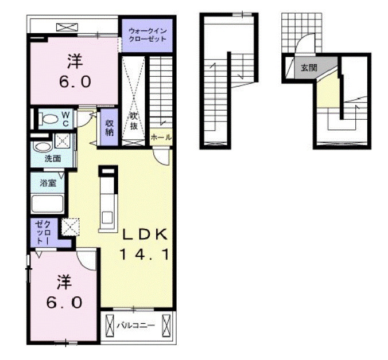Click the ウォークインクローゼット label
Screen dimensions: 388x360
point(148,35)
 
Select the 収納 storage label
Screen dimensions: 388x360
point(109,128)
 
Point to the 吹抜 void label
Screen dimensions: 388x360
point(134,122)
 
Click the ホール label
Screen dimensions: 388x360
point(161,138)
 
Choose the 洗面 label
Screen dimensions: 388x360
point(53,159)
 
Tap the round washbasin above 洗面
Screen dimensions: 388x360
point(43,147)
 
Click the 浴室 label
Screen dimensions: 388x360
point(48,183)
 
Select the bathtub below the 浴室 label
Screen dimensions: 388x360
point(47,204)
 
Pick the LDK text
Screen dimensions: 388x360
point(145,234)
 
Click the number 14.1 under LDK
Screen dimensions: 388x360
point(145,254)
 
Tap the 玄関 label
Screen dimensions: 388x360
point(309,68)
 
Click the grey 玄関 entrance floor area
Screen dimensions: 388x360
point(313,68)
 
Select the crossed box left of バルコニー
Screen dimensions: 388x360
point(110,326)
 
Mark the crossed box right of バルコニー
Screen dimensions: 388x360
point(166,326)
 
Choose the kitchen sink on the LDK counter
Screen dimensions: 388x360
point(108,218)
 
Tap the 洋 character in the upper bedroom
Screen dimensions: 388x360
point(75,61)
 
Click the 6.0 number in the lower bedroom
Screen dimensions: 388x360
point(64,303)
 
